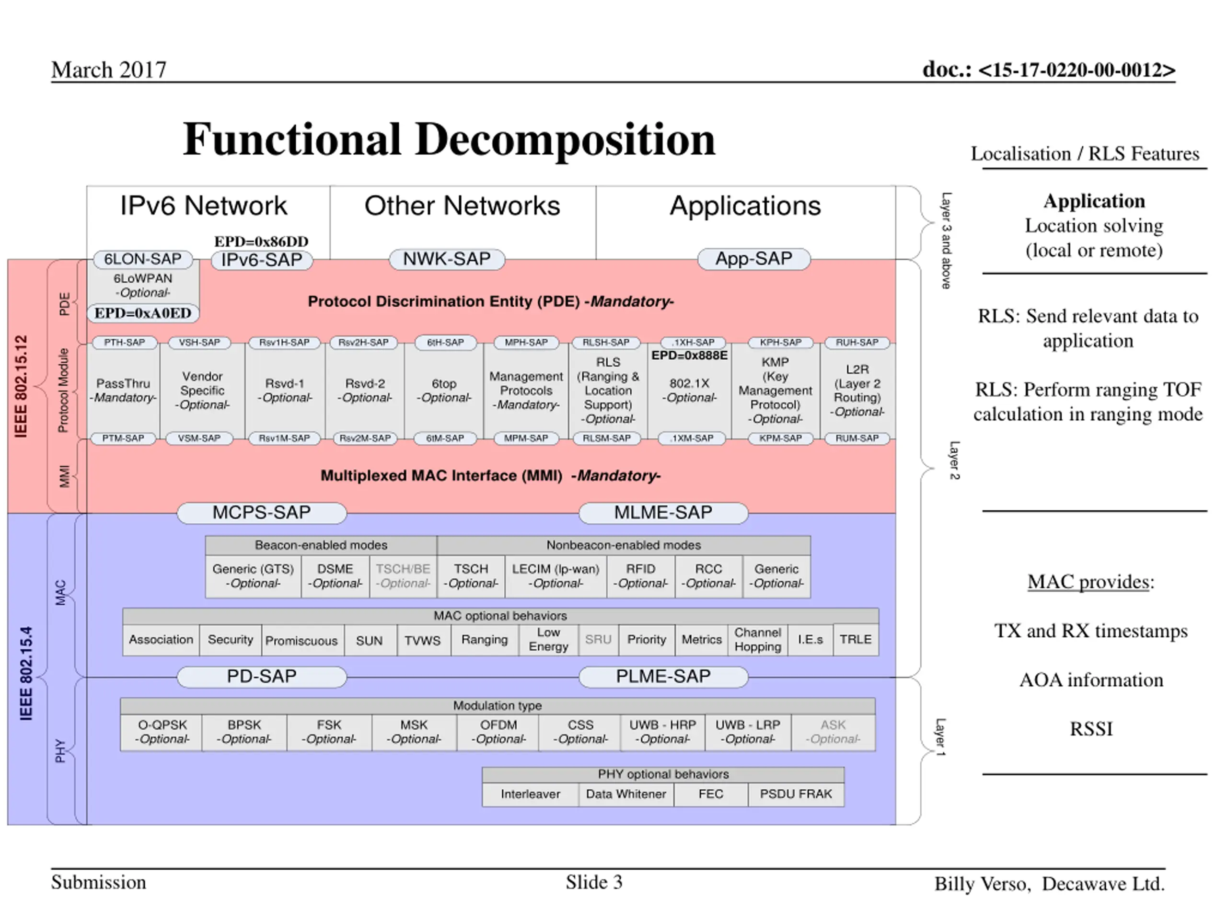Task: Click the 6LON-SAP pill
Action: point(143,259)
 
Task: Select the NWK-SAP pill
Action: point(447,259)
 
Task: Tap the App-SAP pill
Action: point(754,259)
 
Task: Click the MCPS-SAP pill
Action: point(262,512)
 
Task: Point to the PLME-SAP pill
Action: point(663,677)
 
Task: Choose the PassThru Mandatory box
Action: point(123,391)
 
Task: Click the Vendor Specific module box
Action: point(202,391)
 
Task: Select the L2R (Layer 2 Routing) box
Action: point(857,391)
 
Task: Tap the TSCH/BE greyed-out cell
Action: point(403,576)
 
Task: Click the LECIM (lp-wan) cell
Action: point(556,576)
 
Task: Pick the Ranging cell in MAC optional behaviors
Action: point(485,640)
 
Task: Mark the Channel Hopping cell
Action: point(758,640)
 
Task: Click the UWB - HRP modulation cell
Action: point(662,732)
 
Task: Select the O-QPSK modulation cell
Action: point(162,732)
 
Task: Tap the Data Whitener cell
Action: point(626,794)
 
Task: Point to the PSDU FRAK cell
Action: point(796,794)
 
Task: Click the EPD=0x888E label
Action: point(690,356)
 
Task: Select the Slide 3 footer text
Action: point(594,882)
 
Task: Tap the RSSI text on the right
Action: point(1091,729)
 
